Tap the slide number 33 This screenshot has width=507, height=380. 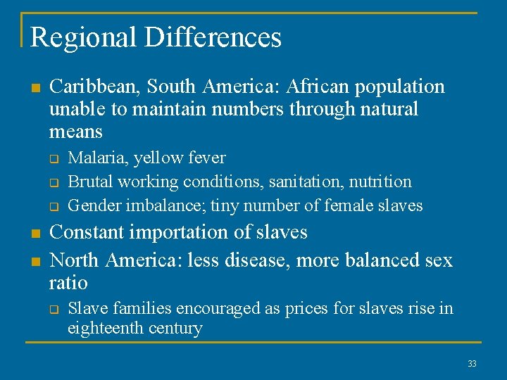click(x=471, y=364)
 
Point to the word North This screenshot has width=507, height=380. click(x=75, y=260)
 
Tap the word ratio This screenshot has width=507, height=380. click(x=68, y=284)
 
